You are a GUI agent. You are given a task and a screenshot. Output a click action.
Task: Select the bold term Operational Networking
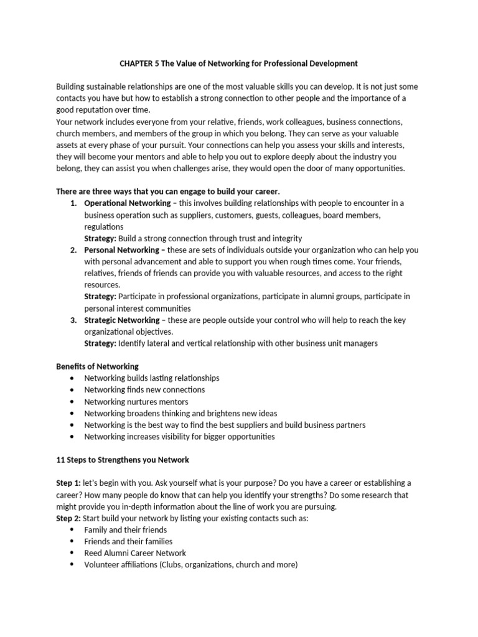127,203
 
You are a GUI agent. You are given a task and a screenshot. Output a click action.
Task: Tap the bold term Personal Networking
122,249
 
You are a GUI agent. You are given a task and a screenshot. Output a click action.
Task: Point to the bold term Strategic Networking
123,320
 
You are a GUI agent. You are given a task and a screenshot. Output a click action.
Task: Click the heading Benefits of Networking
98,366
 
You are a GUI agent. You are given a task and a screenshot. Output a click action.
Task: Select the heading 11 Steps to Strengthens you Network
123,460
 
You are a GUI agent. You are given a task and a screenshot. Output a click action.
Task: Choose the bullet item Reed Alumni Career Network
135,552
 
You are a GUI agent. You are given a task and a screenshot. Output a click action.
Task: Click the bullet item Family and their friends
126,529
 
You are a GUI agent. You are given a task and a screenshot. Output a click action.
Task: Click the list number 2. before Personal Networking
73,249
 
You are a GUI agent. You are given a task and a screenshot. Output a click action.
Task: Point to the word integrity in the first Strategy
287,238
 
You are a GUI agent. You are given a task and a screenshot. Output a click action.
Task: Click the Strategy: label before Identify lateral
100,343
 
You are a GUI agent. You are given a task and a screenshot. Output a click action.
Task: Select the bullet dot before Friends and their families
73,541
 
